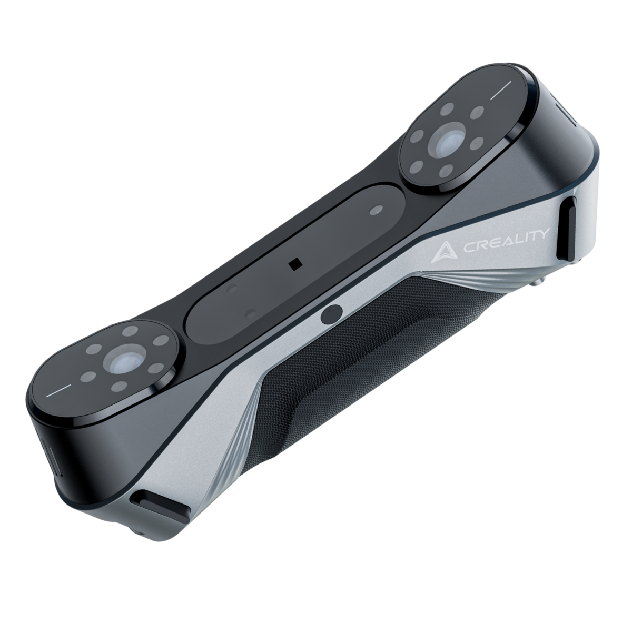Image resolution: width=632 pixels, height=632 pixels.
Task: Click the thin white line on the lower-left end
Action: tap(58, 391)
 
